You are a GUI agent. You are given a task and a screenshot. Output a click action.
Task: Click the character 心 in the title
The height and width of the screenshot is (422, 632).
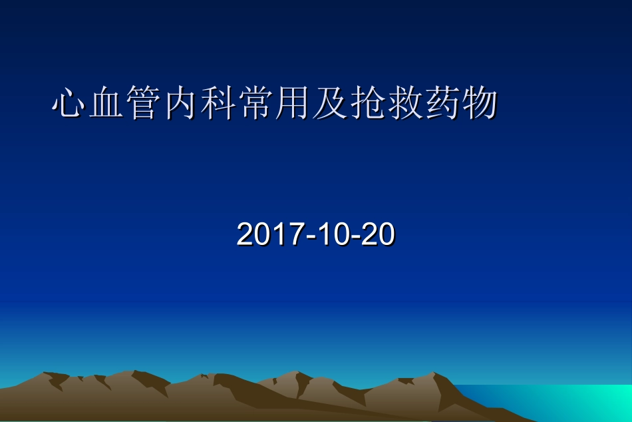(x=71, y=104)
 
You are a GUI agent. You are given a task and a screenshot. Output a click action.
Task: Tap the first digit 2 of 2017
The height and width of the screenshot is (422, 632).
(x=245, y=235)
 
